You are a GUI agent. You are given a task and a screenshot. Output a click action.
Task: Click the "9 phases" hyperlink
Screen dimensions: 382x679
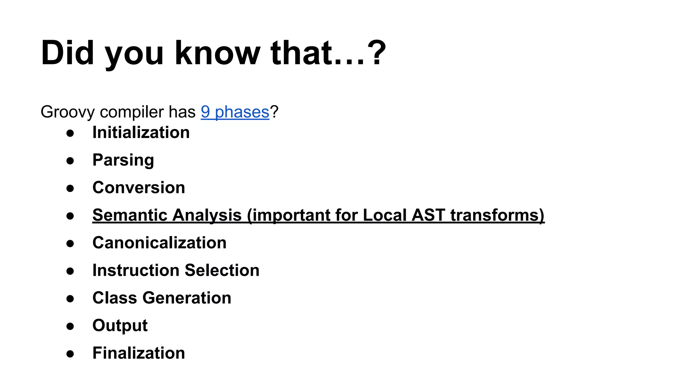[x=235, y=112]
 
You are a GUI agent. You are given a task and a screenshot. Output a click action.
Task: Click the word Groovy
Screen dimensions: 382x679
[x=68, y=112]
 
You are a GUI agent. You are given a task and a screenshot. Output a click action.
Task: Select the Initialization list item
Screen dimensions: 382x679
[x=141, y=133]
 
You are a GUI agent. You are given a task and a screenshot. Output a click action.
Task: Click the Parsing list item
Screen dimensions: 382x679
[x=123, y=160]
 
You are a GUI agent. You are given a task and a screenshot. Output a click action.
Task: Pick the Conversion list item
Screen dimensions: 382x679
[x=139, y=188]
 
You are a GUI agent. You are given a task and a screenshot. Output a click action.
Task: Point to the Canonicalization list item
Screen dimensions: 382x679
[x=159, y=243]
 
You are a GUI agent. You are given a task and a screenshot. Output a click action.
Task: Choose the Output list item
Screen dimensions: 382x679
[x=120, y=325]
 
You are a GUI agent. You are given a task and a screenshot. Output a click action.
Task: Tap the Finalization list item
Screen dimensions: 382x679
[x=139, y=353]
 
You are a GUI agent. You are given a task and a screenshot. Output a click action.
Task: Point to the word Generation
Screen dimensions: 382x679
[x=187, y=298]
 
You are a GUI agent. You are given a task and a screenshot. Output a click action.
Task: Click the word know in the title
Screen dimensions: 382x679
[x=217, y=53]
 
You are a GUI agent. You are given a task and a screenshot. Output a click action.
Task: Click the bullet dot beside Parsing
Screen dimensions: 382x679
[x=70, y=161]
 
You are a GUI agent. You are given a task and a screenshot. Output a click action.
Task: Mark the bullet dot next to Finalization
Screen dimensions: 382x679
[x=70, y=354]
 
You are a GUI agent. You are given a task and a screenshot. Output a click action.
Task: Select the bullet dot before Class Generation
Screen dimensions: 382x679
[x=70, y=299]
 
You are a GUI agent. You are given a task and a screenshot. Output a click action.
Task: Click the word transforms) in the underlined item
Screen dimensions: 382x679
[x=497, y=215]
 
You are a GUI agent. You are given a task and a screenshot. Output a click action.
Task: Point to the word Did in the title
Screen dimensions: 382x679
[x=67, y=53]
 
